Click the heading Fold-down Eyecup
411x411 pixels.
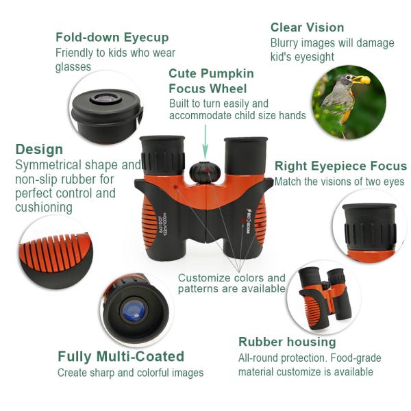[112, 37]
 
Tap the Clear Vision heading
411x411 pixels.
[307, 27]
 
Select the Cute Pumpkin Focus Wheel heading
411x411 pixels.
[211, 81]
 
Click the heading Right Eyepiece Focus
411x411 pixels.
[340, 166]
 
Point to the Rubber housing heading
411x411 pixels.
[287, 341]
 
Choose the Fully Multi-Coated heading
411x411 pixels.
[121, 356]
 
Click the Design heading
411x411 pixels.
[39, 149]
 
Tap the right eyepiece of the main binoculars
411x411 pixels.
[245, 154]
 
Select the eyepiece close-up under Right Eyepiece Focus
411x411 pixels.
[370, 226]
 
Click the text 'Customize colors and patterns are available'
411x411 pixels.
[232, 283]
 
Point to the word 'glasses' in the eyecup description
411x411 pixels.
[73, 67]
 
